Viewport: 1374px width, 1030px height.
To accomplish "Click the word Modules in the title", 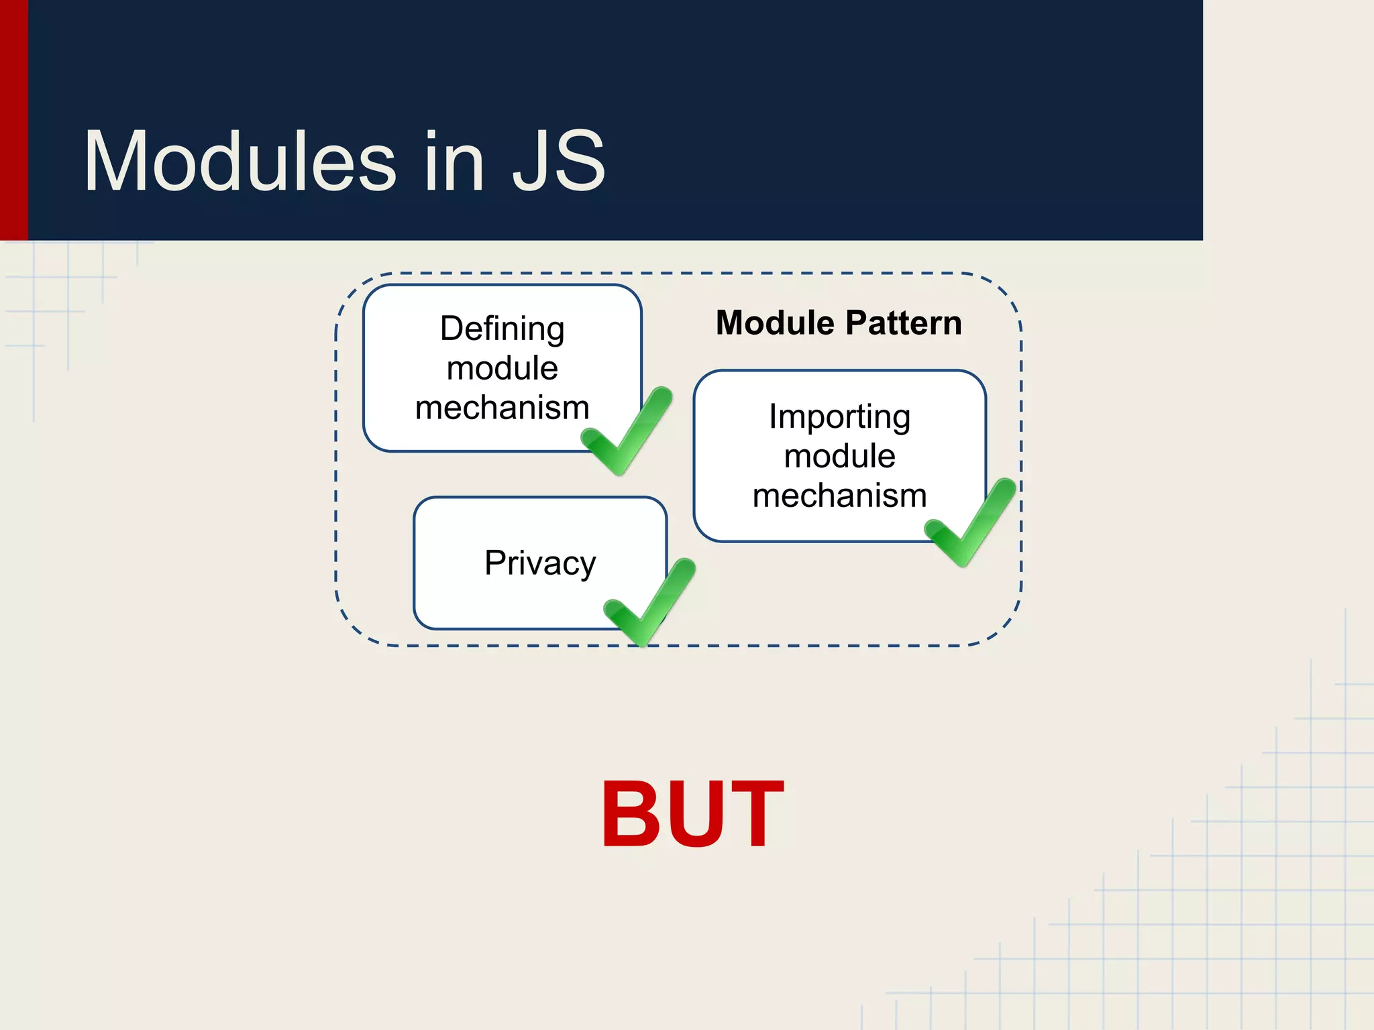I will (x=240, y=162).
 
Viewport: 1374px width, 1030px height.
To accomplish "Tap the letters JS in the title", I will (x=558, y=162).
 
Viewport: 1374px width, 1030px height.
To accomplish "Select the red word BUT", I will (x=692, y=815).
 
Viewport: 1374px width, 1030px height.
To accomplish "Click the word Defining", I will (x=502, y=329).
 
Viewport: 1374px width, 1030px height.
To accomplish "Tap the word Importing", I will (x=839, y=417).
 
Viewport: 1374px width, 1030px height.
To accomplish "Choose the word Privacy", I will (x=539, y=563).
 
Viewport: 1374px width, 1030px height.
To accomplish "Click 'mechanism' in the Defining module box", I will (x=502, y=408).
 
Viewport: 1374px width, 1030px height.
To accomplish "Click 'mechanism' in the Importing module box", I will (x=839, y=496).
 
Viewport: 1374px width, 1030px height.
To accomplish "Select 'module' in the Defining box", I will (x=502, y=368).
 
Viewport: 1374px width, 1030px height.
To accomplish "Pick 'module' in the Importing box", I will (x=839, y=457).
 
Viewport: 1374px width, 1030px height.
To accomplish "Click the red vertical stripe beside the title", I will (x=13, y=121).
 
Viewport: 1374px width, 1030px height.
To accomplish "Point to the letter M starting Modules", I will (x=117, y=162).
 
